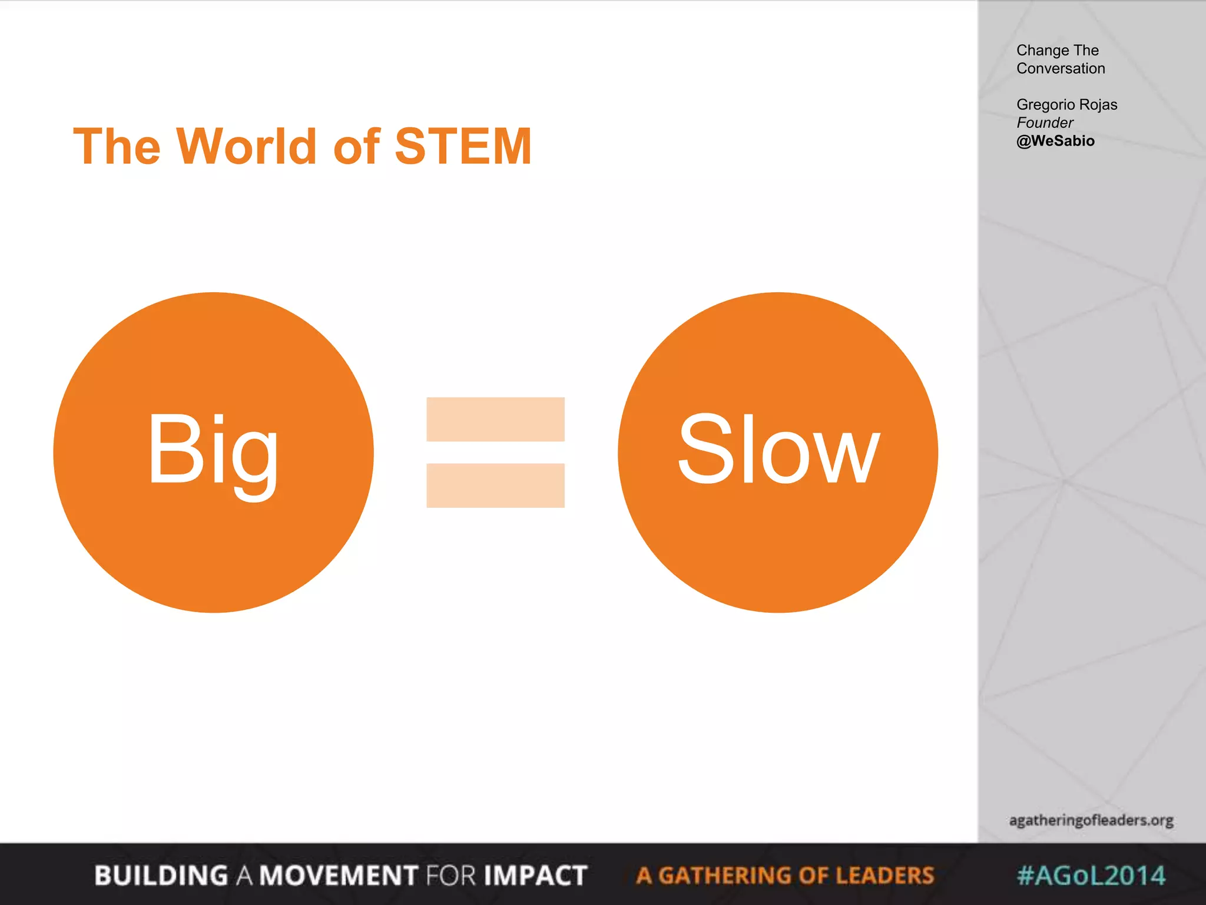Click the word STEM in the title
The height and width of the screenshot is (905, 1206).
463,146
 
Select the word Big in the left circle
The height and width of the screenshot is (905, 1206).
213,451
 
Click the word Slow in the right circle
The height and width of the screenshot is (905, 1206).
778,451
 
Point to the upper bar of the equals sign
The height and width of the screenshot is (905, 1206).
495,419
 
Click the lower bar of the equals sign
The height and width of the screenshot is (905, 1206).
495,485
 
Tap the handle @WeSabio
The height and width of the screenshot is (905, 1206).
1055,141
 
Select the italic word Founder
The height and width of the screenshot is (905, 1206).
1045,123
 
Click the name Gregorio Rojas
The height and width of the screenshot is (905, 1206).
1066,104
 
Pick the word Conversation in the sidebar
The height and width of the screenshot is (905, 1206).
1061,68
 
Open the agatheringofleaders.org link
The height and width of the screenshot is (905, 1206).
1091,820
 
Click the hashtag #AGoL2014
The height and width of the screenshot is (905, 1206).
1091,876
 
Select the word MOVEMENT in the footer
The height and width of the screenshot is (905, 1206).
339,876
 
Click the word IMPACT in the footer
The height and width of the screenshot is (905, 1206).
535,876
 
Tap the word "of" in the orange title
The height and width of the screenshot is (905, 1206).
357,146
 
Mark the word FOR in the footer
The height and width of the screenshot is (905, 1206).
450,876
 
